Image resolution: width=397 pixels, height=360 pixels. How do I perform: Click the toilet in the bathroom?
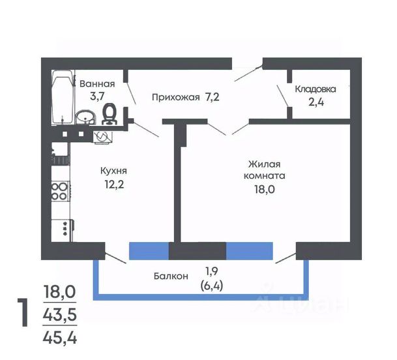coord(110,114)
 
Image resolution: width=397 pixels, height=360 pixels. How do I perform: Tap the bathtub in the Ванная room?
coord(63,97)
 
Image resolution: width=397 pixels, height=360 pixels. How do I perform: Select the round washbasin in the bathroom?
coord(85,117)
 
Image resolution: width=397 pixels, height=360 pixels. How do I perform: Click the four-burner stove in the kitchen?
coord(60,191)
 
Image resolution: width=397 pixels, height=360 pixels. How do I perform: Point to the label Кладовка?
coord(316,89)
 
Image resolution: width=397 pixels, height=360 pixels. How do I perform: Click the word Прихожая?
coord(176,97)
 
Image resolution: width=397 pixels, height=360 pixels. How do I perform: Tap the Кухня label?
coord(113,171)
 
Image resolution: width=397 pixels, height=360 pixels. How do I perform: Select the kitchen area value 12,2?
coord(115,185)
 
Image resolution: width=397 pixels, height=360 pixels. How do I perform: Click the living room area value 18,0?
coord(265,189)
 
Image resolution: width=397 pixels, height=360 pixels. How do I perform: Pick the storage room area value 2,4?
coord(316,102)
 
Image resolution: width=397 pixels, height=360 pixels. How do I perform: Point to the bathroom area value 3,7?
coord(97,97)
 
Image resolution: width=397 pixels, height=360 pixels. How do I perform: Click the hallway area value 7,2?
coord(212,97)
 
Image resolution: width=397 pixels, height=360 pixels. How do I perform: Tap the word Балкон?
coord(171,276)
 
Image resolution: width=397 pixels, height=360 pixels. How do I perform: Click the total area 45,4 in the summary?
coord(60,338)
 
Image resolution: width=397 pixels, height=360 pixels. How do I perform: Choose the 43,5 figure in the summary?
coord(60,315)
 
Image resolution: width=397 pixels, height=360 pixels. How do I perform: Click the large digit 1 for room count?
coord(23,312)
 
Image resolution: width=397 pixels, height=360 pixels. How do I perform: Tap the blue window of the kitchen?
coord(149,251)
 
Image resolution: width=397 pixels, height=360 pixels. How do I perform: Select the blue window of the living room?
coord(250,251)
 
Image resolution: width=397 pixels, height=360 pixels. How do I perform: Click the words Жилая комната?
coord(265,170)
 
